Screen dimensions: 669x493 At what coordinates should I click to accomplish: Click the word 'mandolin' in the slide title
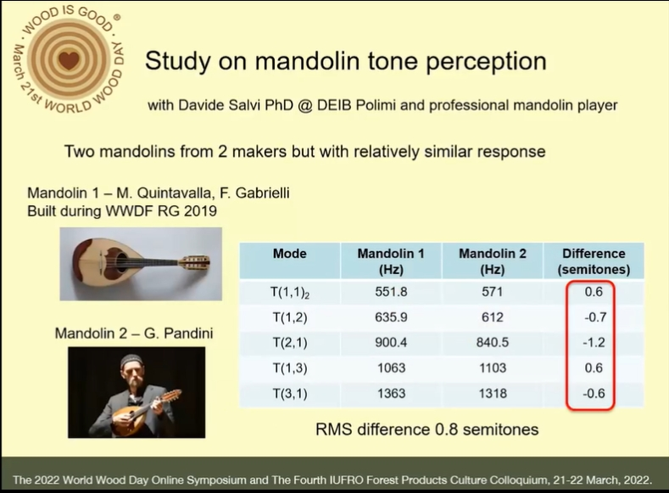pos(308,60)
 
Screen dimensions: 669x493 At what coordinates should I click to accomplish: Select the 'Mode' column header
pos(290,254)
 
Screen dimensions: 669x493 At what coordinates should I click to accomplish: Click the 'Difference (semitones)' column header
pos(594,261)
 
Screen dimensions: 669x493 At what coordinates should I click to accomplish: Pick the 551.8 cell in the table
pos(391,292)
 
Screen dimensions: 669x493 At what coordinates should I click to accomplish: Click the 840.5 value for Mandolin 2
pos(493,342)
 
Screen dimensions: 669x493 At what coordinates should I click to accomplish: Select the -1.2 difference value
pos(594,342)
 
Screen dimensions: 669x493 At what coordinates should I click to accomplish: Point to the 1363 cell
pos(391,393)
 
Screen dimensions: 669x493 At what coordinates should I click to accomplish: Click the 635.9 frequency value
pos(391,317)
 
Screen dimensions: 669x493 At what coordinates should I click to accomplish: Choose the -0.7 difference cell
pos(595,317)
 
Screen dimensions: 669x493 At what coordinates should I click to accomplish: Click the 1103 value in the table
pos(493,368)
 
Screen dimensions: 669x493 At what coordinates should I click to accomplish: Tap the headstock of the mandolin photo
pos(196,261)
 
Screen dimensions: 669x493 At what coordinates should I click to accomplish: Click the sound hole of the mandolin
pos(120,258)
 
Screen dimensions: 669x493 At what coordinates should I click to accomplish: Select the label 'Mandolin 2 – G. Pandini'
pos(134,333)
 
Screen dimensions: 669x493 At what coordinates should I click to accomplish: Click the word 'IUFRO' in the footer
pos(347,479)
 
